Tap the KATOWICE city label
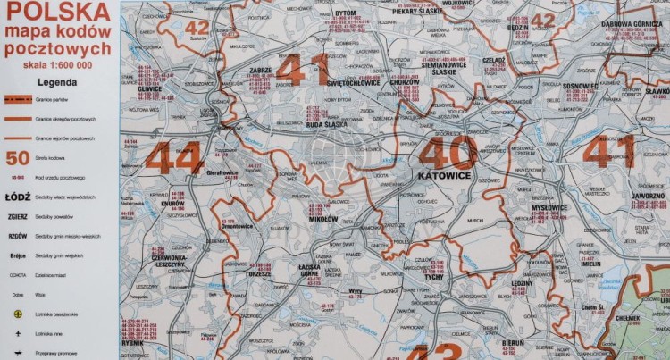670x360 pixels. [x=445, y=175]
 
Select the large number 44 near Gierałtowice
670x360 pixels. [x=173, y=159]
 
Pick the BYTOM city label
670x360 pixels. [x=345, y=13]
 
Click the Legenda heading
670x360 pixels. [x=55, y=80]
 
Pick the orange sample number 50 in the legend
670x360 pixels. [x=18, y=159]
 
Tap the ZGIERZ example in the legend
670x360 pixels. [x=18, y=215]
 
